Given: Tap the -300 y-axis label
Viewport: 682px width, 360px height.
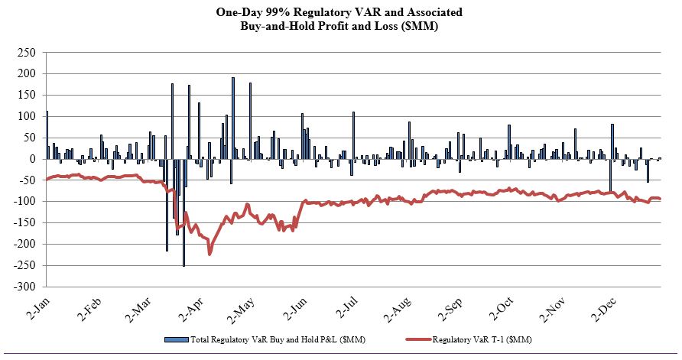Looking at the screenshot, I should click(24, 287).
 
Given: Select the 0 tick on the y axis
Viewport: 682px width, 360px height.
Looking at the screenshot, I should click(31, 159).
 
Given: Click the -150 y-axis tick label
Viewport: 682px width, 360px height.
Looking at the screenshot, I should click(24, 223).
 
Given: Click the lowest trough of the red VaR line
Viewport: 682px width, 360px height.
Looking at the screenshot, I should click(209, 253).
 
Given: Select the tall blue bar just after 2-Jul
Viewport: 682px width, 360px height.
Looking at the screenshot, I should click(353, 135).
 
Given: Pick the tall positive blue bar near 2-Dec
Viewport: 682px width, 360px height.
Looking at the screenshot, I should click(612, 141).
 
